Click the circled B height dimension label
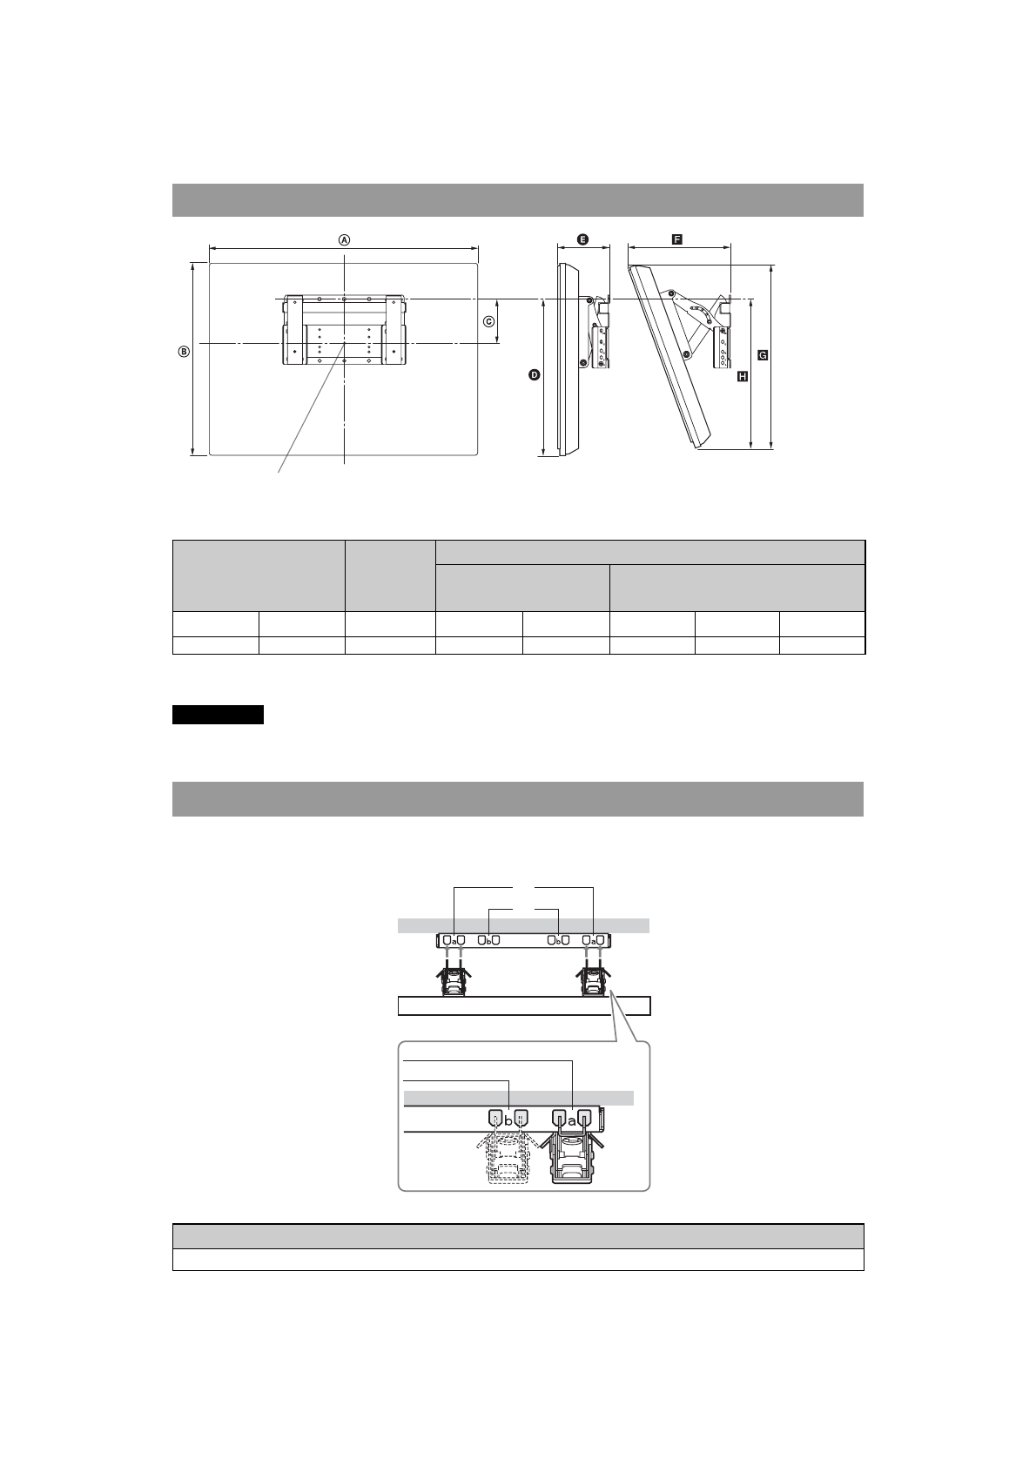184,352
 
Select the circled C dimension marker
489,321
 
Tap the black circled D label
535,374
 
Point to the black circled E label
582,239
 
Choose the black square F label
676,239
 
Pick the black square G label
763,355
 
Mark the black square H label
742,376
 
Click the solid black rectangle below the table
218,715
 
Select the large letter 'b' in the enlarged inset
508,1120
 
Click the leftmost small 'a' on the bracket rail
453,941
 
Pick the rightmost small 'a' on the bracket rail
592,941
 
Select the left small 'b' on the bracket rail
489,941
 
